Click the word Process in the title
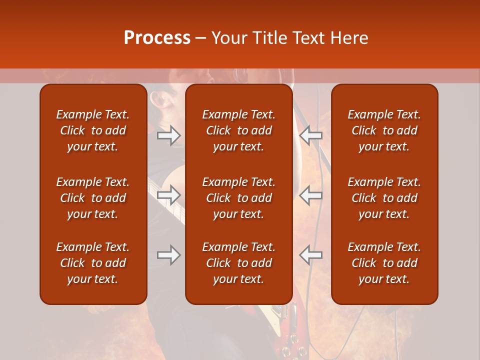click(x=157, y=38)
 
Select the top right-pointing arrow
click(x=168, y=135)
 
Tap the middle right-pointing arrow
click(x=168, y=195)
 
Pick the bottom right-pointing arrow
click(x=168, y=255)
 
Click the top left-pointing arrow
click(x=311, y=135)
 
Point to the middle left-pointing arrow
click(x=311, y=195)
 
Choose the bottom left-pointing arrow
click(x=311, y=255)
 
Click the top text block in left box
click(x=93, y=130)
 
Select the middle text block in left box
click(x=93, y=198)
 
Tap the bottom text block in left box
click(x=93, y=263)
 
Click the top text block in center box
click(x=239, y=130)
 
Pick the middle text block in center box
click(x=239, y=198)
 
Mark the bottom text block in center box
click(x=239, y=263)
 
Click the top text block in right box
click(x=384, y=130)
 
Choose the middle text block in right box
click(x=384, y=198)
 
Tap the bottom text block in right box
click(x=384, y=263)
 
